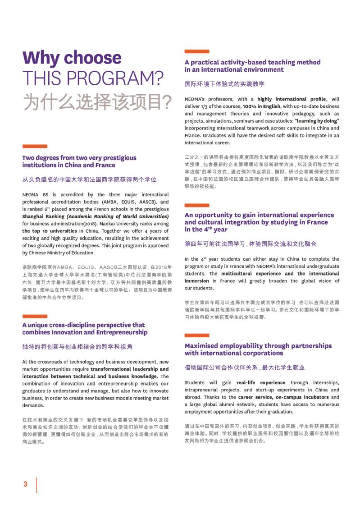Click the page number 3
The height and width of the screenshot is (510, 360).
pos(25,484)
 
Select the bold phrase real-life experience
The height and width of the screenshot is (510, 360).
pos(261,382)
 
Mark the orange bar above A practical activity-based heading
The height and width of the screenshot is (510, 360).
pos(197,51)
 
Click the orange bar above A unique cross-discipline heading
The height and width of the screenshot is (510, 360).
pos(35,317)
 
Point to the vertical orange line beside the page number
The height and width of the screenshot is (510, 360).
pos(36,484)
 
